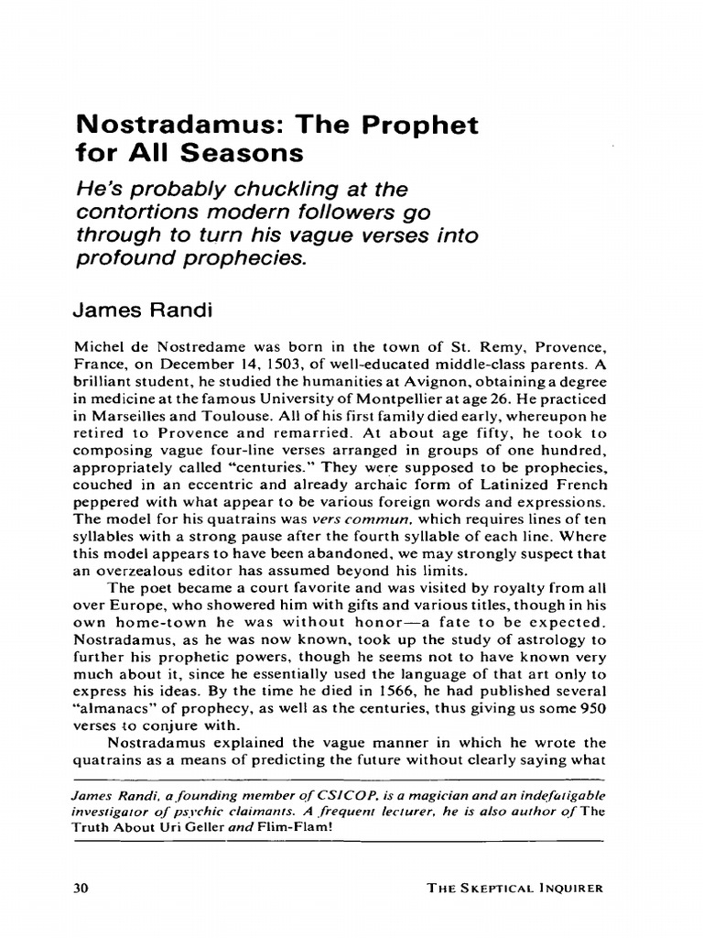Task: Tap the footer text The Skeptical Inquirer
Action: [516, 888]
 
